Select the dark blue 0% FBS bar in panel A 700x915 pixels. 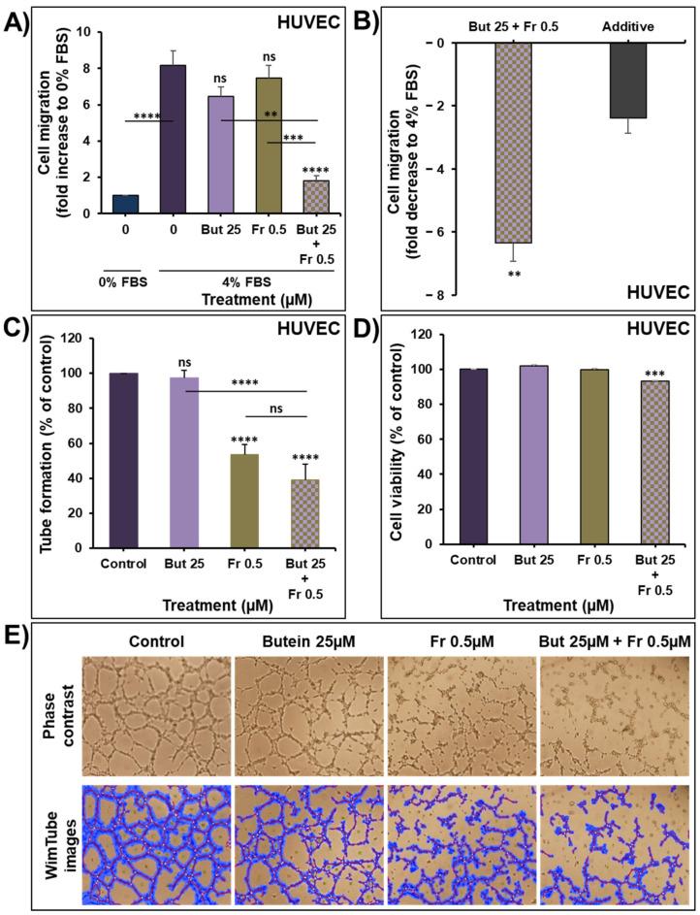pyautogui.click(x=126, y=204)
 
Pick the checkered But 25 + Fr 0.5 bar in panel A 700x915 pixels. pyautogui.click(x=316, y=196)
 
